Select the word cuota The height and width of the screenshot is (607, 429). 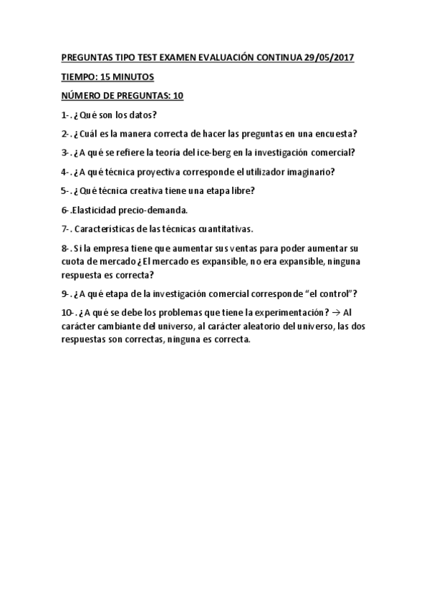tap(74, 261)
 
